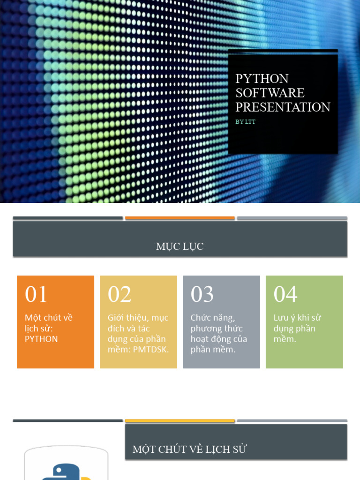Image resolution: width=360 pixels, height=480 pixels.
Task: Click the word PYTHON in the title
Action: pos(262,78)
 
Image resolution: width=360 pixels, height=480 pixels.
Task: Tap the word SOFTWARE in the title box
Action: pos(270,93)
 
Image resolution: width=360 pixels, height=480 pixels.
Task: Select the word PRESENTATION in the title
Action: pos(283,107)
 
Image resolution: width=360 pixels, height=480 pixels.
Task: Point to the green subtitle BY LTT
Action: pos(245,122)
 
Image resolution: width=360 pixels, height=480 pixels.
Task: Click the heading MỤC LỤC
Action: pos(180,247)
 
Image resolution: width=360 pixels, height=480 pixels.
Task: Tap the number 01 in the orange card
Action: pos(36,295)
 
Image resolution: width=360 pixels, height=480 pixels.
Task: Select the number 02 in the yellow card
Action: pos(120,295)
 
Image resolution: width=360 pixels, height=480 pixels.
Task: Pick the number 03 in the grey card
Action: pos(202,295)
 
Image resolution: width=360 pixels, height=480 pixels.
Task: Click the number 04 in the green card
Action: pos(285,295)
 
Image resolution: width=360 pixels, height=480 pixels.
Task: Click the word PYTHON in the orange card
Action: pos(41,339)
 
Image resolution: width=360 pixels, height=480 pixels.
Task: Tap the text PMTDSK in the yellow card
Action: pos(152,350)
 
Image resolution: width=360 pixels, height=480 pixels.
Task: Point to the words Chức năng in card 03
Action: pos(212,318)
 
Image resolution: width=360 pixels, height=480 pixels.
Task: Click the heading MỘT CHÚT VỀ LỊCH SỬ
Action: pos(189,450)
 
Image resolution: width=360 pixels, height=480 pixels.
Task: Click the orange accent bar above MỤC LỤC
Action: pos(180,218)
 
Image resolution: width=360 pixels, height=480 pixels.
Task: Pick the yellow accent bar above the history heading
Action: pos(180,421)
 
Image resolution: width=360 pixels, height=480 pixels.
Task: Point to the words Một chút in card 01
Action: pos(43,318)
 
